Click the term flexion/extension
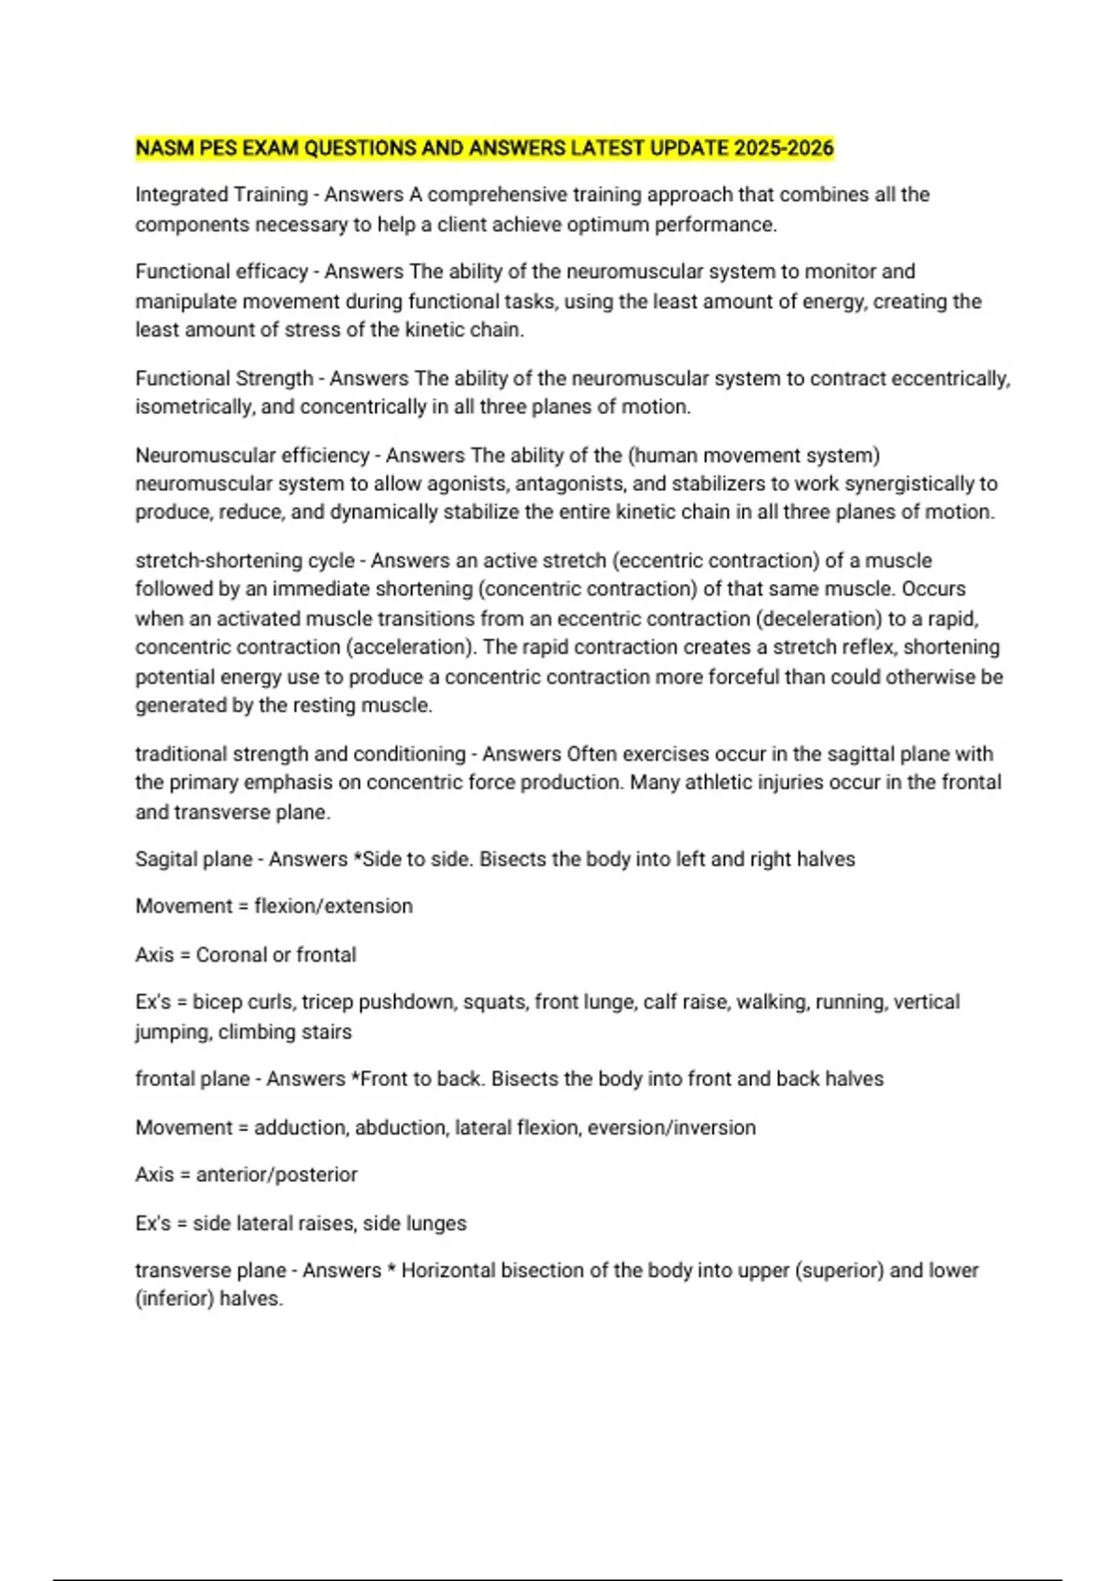(333, 906)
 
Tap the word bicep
(217, 1003)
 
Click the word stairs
(325, 1031)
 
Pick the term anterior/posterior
(276, 1175)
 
